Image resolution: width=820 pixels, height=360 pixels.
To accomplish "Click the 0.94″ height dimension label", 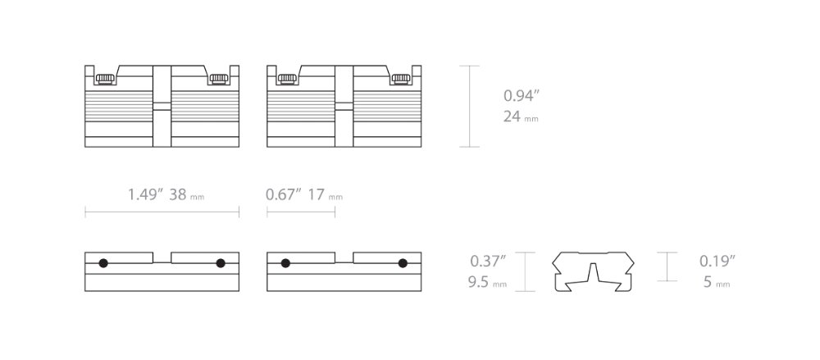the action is click(521, 96).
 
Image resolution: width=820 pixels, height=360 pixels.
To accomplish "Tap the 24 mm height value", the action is click(521, 116).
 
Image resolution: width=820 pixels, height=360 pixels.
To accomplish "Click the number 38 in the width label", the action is click(178, 194).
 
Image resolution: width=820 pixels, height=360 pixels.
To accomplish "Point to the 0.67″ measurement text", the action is click(284, 194).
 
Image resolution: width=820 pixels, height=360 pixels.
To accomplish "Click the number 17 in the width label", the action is click(317, 194).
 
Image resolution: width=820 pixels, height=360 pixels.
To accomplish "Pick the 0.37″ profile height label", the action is click(488, 261).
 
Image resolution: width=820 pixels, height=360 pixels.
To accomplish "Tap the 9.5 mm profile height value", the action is click(487, 283).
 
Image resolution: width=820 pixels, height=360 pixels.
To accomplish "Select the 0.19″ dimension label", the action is click(717, 261).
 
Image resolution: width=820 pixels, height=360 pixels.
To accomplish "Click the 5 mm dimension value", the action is click(717, 283).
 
